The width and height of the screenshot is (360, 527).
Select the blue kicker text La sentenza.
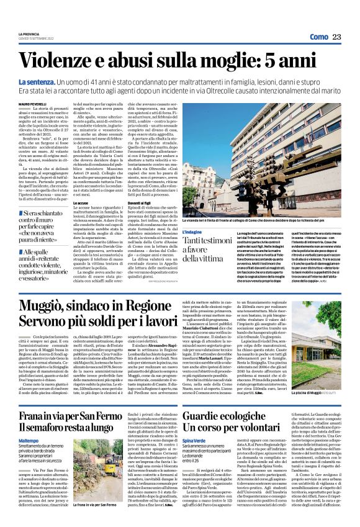[x=37, y=81]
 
